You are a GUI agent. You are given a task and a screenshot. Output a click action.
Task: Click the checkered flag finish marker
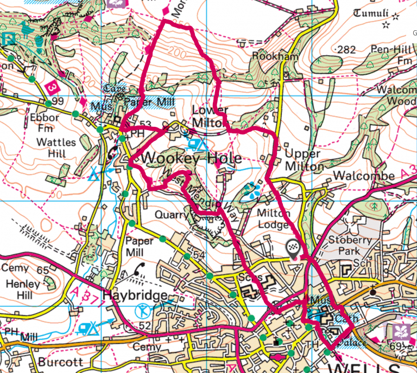pos(293,248)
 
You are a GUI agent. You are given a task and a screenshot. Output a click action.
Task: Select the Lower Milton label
pos(209,117)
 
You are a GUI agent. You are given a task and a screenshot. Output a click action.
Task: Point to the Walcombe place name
pos(356,176)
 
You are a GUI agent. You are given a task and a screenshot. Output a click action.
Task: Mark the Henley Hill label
pos(21,290)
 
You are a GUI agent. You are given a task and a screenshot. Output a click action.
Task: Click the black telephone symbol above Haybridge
pos(139,269)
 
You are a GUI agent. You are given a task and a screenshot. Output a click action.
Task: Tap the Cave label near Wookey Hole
pos(116,89)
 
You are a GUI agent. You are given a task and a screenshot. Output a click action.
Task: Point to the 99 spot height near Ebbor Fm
pos(59,101)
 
